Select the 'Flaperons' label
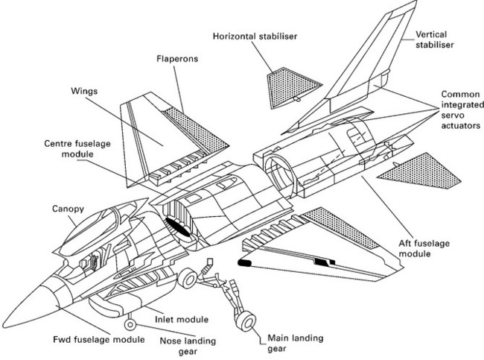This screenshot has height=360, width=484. pos(176,57)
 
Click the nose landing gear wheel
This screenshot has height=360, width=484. pos(131,325)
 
